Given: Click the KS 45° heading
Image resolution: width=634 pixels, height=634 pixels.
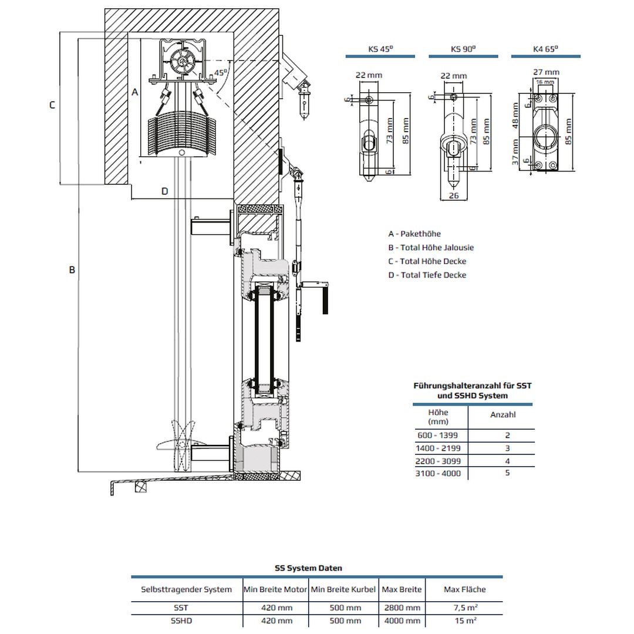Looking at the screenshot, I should click(x=380, y=49).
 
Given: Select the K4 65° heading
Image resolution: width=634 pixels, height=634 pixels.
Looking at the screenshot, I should click(x=545, y=49).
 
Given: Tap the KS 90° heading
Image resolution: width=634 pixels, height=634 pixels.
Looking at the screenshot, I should click(x=463, y=49).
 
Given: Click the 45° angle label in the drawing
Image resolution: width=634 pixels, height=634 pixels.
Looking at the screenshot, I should click(x=221, y=73).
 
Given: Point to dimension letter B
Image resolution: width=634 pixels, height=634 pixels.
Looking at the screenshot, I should click(x=72, y=270).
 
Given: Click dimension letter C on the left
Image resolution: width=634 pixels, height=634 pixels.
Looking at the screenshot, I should click(x=52, y=105).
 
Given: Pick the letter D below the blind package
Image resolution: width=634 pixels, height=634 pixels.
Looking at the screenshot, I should click(x=165, y=191).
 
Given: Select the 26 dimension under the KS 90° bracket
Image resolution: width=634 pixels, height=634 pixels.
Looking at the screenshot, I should click(x=453, y=196).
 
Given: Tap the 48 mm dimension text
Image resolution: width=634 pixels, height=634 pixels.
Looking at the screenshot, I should click(x=515, y=115).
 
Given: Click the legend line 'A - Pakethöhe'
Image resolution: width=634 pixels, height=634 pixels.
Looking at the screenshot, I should click(x=414, y=234).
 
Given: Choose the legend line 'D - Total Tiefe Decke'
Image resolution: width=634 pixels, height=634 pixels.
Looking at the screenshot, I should click(x=427, y=275).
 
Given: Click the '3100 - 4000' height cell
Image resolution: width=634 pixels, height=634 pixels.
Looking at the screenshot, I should click(x=438, y=473).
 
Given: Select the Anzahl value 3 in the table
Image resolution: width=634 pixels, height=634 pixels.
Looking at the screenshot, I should click(x=507, y=448).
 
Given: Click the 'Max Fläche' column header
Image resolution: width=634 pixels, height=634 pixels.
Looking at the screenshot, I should click(x=465, y=589).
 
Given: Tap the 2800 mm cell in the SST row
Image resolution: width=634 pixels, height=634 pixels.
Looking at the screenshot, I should click(x=402, y=608).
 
